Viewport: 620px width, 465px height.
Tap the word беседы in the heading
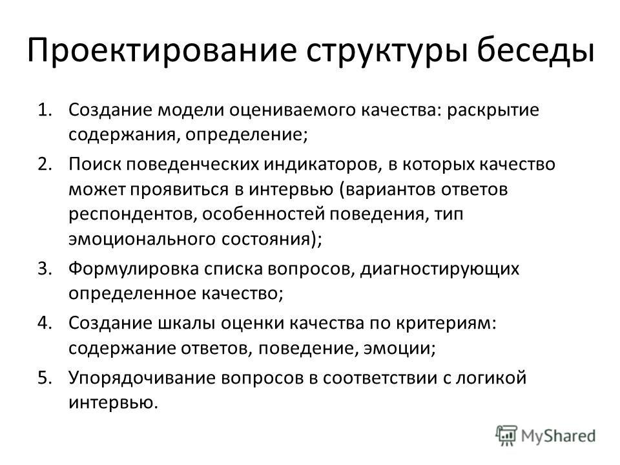pos(535,50)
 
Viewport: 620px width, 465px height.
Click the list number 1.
pos(45,110)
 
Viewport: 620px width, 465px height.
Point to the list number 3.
pos(45,269)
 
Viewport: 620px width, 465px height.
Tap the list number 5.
pos(45,378)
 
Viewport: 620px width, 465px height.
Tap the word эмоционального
pos(142,239)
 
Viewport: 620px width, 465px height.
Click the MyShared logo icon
pos(506,436)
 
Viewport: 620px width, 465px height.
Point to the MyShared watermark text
pos(558,436)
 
